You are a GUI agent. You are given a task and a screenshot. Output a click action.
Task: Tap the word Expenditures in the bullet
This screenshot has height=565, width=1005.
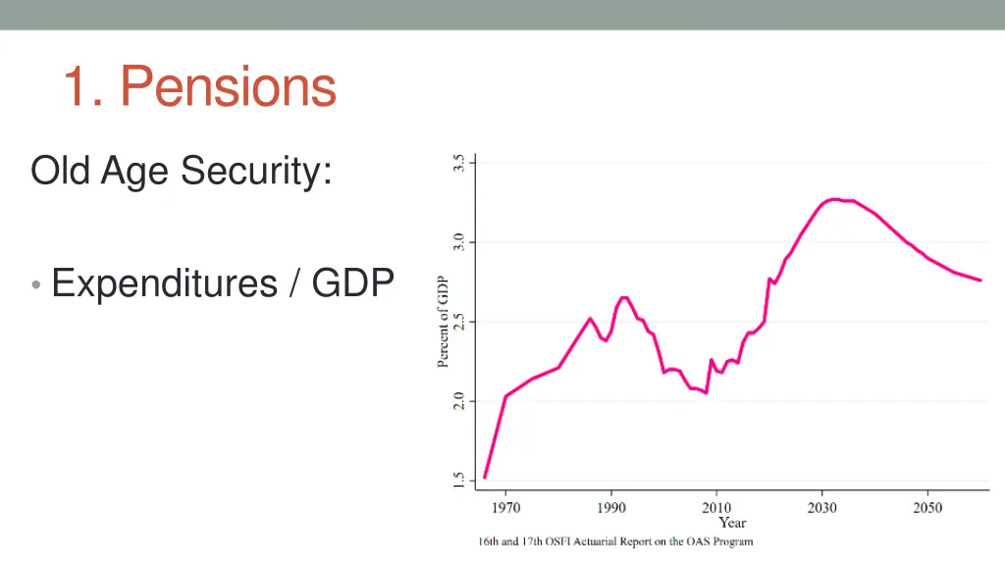[x=165, y=283]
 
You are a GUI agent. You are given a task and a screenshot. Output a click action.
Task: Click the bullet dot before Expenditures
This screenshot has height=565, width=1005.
[x=35, y=286]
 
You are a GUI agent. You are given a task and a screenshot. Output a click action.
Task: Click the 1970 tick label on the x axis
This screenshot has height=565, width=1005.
[x=505, y=507]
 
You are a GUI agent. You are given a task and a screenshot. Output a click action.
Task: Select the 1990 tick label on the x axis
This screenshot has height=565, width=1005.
[x=611, y=507]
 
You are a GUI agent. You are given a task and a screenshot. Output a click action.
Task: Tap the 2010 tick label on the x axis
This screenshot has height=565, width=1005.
[x=716, y=507]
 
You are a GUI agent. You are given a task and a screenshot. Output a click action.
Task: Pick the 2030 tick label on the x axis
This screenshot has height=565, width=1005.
[x=822, y=507]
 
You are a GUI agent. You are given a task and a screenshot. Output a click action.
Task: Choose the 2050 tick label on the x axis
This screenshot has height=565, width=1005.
[x=927, y=507]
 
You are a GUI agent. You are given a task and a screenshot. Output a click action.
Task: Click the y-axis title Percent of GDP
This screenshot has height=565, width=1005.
[x=443, y=322]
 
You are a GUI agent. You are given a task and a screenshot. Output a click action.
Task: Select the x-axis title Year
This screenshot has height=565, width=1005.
[x=732, y=523]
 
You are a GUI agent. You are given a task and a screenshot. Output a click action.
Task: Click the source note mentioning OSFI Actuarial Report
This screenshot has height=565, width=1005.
[x=615, y=541]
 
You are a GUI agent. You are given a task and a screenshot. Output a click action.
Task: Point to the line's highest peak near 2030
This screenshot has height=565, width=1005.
[x=832, y=199]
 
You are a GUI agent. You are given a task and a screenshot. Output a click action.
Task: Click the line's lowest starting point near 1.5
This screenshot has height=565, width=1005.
[x=485, y=478]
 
